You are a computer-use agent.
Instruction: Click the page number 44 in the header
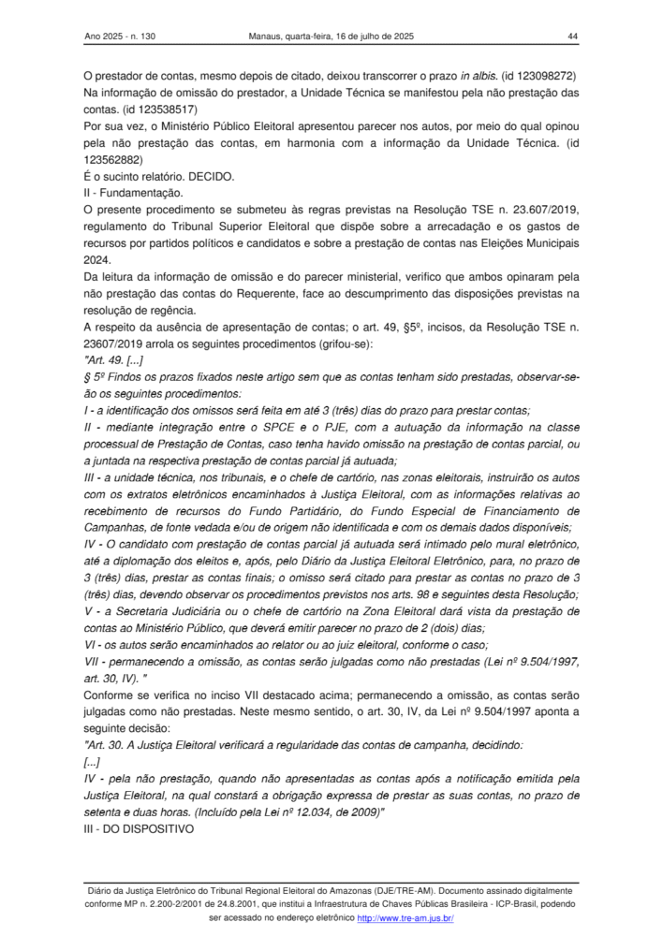click(573, 37)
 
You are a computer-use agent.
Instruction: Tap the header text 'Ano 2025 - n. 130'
click(120, 37)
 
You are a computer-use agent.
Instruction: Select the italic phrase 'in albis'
click(475, 74)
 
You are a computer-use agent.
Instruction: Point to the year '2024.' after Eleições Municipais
click(96, 261)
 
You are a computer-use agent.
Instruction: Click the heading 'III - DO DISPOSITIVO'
click(139, 830)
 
